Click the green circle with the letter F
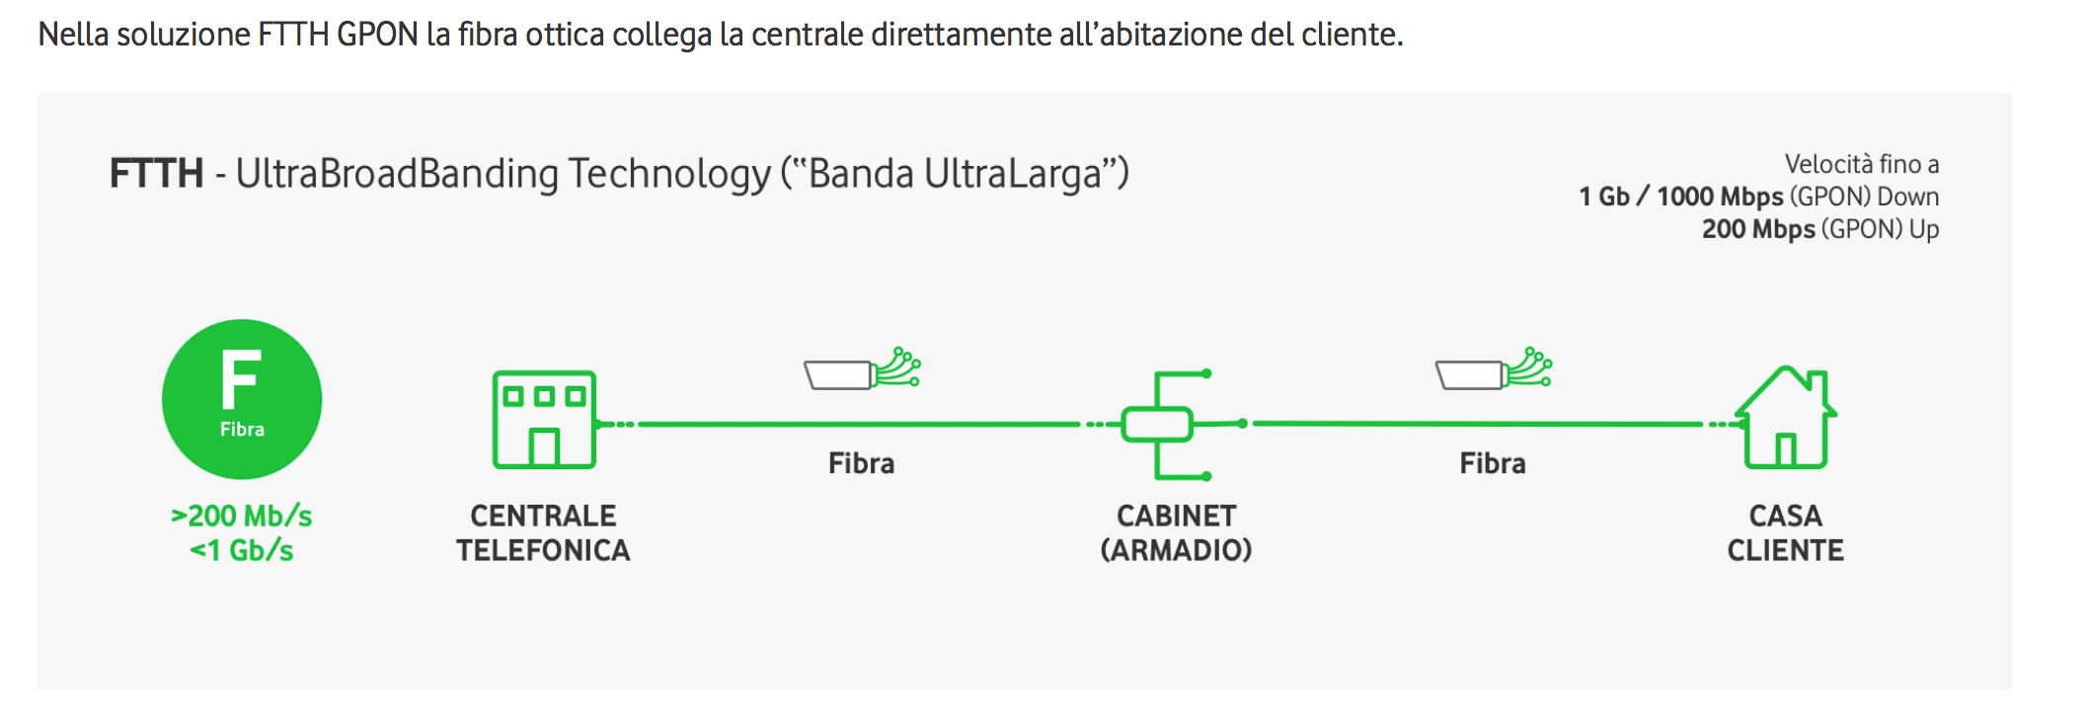[x=242, y=399]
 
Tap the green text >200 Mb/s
[x=242, y=516]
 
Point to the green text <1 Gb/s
[x=242, y=550]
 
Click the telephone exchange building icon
[x=544, y=419]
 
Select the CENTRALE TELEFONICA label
[x=543, y=533]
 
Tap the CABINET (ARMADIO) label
[x=1176, y=533]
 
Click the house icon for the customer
[x=1786, y=416]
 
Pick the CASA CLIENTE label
[x=1785, y=533]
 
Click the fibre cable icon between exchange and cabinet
[x=862, y=370]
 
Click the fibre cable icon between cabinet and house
[x=1493, y=370]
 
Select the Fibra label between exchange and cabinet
[x=861, y=463]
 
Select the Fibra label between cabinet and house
[x=1493, y=463]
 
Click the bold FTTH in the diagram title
[x=156, y=174]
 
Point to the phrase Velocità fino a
[x=1861, y=164]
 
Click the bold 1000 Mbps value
[x=1720, y=197]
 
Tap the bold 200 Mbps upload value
[x=1758, y=229]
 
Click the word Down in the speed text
[x=1907, y=197]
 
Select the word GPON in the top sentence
[x=377, y=35]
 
